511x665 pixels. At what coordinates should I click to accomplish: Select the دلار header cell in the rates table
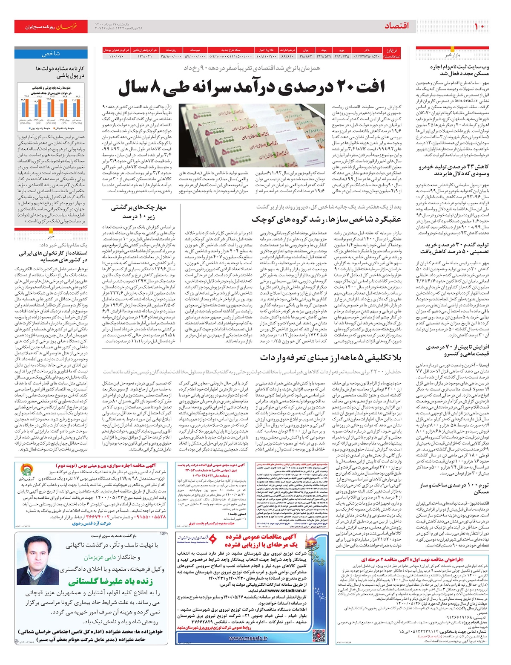click(x=367, y=50)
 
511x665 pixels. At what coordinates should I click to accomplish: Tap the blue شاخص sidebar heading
click(x=51, y=54)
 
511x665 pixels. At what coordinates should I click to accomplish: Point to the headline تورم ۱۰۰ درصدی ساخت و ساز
click(x=454, y=489)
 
